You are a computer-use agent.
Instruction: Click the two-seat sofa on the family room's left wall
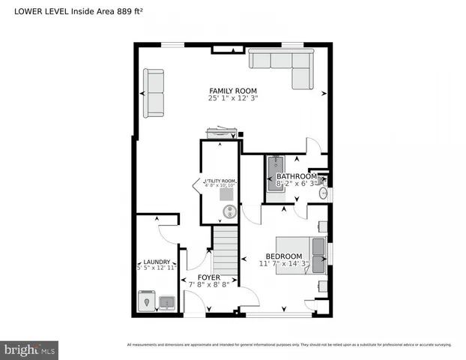pos(154,93)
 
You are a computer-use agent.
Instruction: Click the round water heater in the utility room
pos(230,212)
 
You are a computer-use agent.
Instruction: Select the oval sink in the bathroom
pos(323,194)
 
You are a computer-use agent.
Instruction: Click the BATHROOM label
pos(301,176)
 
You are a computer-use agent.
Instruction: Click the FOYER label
pos(209,277)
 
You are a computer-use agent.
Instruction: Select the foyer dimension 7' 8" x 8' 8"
pos(209,285)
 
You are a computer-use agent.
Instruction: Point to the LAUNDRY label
pos(157,262)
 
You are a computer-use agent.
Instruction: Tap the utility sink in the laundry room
pos(166,302)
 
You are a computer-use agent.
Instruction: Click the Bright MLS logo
pos(30,349)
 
